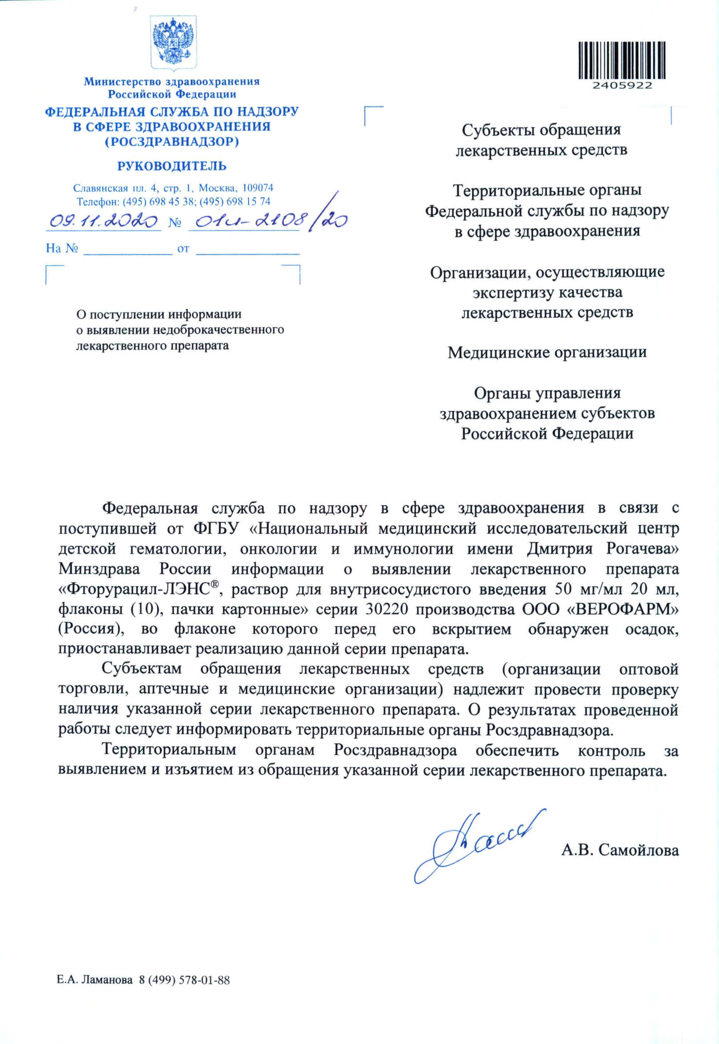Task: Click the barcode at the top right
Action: tap(622, 61)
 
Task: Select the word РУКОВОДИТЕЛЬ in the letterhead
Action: tap(172, 166)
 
